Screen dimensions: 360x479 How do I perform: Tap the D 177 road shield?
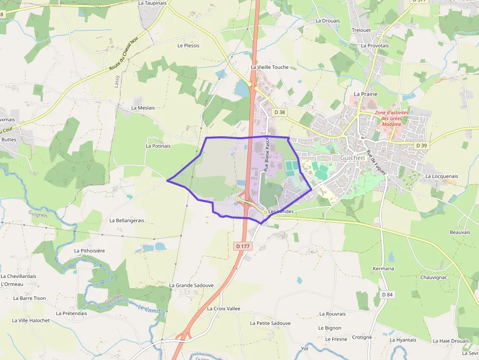242,246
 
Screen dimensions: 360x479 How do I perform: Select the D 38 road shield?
280,112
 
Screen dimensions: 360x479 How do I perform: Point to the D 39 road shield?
421,146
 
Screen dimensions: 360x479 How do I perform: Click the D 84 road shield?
387,295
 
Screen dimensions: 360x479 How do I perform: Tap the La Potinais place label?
158,146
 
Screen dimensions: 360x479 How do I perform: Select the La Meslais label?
143,107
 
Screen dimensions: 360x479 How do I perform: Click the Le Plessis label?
188,45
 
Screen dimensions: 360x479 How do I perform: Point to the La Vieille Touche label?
269,67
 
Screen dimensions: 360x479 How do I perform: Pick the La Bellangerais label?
127,220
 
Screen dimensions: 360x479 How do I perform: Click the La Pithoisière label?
89,251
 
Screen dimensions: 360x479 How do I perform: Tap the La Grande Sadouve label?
191,285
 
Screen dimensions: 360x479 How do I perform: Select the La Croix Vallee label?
223,309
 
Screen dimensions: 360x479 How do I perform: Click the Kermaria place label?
383,269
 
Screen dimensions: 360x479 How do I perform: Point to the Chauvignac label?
434,277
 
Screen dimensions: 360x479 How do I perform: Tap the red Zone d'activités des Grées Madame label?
392,118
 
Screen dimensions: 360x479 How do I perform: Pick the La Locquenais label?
441,176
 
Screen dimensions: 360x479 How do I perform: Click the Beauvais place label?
460,232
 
